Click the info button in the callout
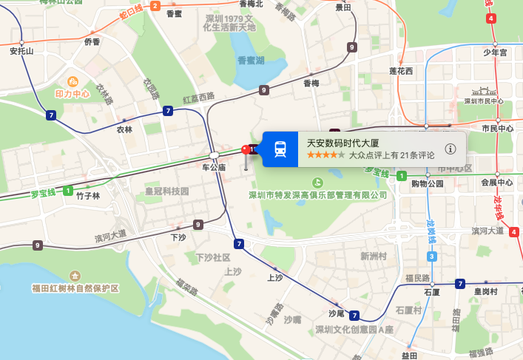[451, 149]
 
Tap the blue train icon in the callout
[280, 149]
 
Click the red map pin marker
[246, 151]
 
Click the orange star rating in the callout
[326, 155]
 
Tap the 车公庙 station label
[213, 168]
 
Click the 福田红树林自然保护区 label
[75, 288]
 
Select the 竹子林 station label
[87, 196]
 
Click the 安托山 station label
[22, 52]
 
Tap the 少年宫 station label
[495, 52]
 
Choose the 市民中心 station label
[497, 129]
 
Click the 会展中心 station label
[496, 183]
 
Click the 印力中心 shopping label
[72, 94]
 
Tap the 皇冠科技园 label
[166, 191]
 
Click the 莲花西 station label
[401, 71]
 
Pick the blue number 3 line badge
[431, 257]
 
